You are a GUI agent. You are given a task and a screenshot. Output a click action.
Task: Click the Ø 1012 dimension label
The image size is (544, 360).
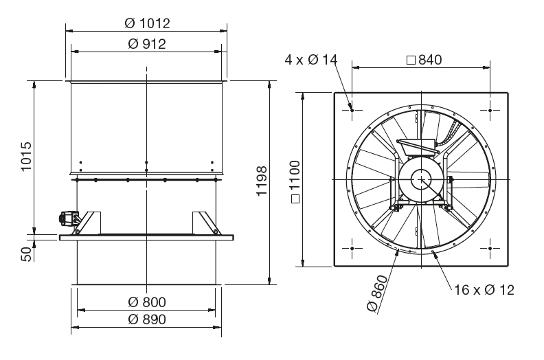point(147,23)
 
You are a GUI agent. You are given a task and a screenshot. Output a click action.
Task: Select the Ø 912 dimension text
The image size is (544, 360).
point(147,44)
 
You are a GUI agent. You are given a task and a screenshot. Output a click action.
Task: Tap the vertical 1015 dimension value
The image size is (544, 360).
point(26,156)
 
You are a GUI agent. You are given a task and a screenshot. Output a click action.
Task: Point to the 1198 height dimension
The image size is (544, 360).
point(262,181)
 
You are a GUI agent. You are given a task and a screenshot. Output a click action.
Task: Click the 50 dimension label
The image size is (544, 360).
point(27,254)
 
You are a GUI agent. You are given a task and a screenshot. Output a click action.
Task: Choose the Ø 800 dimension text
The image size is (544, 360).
point(147,302)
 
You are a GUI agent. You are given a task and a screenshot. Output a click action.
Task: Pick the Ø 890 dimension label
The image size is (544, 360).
point(147,319)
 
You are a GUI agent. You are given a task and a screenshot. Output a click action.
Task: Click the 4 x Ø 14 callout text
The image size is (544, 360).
point(311,60)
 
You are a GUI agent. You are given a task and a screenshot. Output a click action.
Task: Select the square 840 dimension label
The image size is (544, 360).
point(424,60)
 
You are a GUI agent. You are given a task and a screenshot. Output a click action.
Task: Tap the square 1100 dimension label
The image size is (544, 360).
point(295,181)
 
